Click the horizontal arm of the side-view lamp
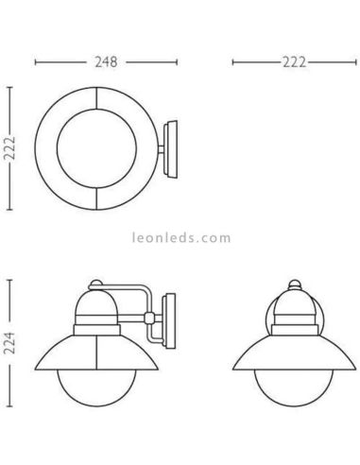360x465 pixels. [132, 288]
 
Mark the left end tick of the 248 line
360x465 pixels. [35, 62]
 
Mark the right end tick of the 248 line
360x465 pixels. [177, 62]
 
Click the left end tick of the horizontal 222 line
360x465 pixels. [232, 62]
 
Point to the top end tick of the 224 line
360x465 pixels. [10, 280]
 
